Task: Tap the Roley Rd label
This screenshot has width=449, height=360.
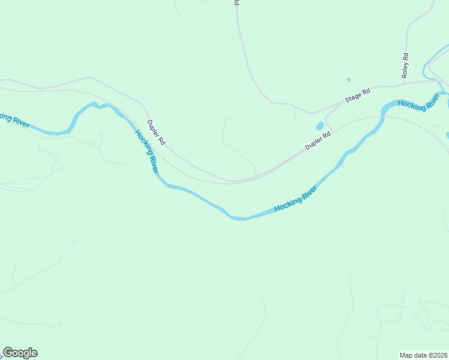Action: [x=405, y=65]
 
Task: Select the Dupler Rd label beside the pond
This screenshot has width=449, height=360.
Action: [x=318, y=141]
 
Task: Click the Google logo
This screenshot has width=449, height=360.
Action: [x=20, y=353]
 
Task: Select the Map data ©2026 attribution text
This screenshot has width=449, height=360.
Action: [x=424, y=355]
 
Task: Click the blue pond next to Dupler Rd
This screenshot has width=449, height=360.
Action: [x=320, y=126]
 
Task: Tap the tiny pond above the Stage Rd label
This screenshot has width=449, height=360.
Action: [x=348, y=79]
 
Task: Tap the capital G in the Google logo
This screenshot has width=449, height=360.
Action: [x=7, y=353]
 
